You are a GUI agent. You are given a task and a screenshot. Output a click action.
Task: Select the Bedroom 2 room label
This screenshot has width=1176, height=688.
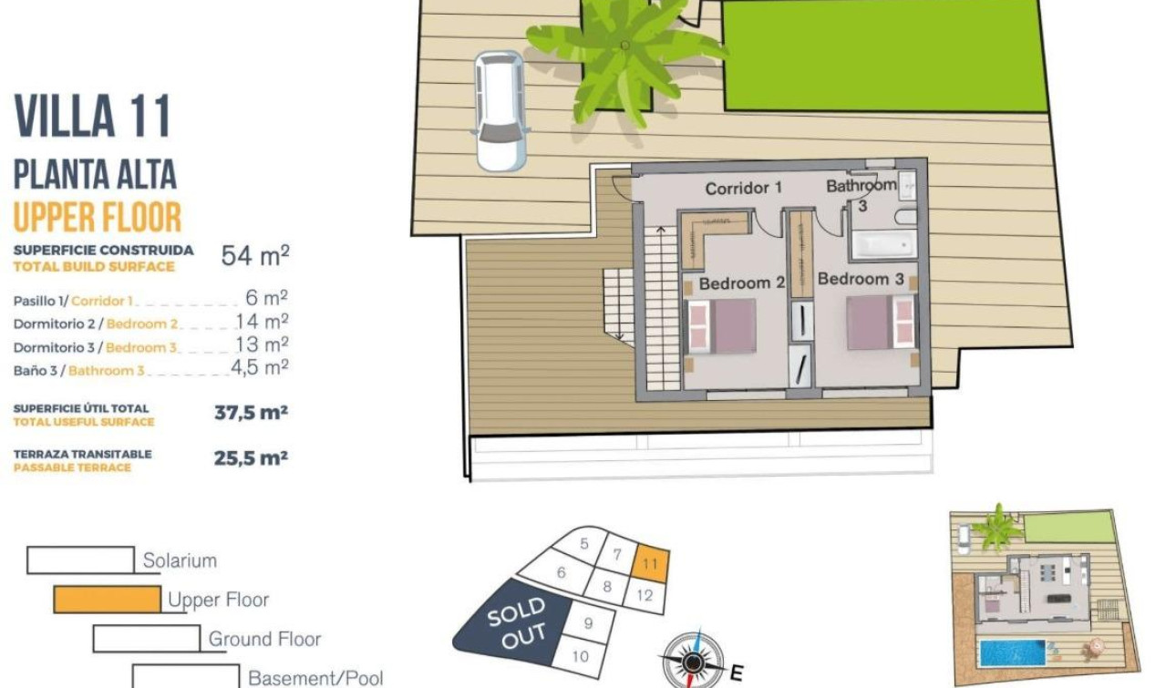click(741, 283)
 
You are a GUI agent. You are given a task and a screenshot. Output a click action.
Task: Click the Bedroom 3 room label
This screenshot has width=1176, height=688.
click(861, 279)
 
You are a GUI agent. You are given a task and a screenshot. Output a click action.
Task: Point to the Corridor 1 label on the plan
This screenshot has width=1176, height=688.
click(744, 189)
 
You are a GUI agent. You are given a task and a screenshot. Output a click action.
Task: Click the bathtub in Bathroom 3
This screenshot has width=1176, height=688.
click(882, 243)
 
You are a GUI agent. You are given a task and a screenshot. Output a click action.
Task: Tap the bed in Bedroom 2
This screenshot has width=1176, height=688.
click(722, 325)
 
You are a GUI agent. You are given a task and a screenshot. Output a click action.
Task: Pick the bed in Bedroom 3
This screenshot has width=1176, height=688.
click(880, 322)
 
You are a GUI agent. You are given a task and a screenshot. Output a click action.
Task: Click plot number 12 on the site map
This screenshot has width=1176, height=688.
click(645, 596)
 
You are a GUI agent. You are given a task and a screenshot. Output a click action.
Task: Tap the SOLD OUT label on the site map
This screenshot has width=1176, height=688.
click(516, 624)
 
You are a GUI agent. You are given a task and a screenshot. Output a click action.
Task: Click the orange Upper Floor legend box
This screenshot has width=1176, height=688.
click(107, 600)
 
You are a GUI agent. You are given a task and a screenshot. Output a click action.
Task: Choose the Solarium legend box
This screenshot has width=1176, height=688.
click(80, 560)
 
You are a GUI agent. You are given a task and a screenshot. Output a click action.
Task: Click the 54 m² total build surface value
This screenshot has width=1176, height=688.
click(254, 256)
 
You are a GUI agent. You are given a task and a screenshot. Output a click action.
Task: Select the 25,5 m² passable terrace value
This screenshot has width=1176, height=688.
click(251, 458)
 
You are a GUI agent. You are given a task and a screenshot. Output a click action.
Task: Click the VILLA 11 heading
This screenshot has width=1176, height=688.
click(93, 118)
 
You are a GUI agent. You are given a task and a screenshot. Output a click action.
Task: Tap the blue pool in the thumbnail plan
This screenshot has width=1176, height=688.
click(1011, 652)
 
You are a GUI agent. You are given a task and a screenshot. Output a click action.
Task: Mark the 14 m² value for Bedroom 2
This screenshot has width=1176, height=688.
click(262, 322)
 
